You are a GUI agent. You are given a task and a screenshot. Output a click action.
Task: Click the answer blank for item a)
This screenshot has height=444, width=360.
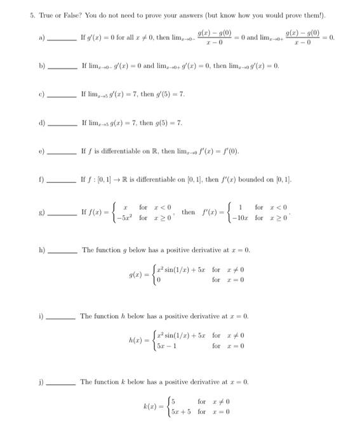pos(62,39)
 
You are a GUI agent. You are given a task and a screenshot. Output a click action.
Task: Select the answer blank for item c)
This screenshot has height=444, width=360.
pos(62,95)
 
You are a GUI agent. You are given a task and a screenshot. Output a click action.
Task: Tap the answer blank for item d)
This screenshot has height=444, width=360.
pos(62,123)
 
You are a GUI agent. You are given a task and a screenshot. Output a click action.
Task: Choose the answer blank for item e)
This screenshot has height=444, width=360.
pos(62,152)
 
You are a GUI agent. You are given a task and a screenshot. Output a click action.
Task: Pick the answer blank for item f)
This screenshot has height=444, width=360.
pos(62,181)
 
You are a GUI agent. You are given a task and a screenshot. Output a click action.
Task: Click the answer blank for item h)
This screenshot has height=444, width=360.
pos(62,251)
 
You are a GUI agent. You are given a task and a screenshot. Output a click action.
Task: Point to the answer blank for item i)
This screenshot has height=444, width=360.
pos(62,317)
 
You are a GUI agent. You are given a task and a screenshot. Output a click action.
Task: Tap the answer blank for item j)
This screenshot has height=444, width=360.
pos(62,382)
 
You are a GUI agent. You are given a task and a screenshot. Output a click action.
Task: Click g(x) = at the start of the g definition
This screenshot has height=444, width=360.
pos(139,276)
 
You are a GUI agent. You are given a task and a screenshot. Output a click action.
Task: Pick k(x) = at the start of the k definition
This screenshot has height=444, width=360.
pos(152,407)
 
